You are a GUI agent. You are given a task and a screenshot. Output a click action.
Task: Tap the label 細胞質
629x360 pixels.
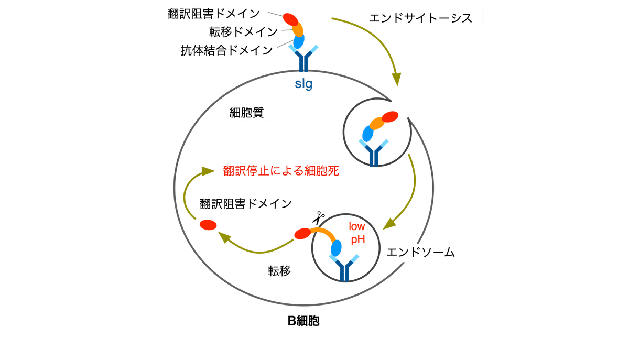pyautogui.click(x=246, y=112)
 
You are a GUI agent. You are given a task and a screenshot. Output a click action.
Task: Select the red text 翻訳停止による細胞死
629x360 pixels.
pyautogui.click(x=278, y=171)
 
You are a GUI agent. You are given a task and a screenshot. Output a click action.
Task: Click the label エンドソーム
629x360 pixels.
pyautogui.click(x=419, y=252)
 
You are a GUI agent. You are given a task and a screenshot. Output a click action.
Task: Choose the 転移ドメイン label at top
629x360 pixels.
pyautogui.click(x=243, y=31)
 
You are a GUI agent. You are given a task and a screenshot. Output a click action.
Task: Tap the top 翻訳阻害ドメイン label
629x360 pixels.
pyautogui.click(x=215, y=13)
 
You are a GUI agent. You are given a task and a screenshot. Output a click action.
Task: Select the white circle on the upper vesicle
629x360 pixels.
pyautogui.click(x=399, y=110)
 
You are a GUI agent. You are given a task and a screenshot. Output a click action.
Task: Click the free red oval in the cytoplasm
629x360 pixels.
pyautogui.click(x=208, y=224)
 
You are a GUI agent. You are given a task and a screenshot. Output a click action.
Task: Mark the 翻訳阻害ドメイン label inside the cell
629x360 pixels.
pyautogui.click(x=245, y=203)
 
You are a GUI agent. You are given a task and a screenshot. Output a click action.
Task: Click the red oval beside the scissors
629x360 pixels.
pyautogui.click(x=302, y=234)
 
